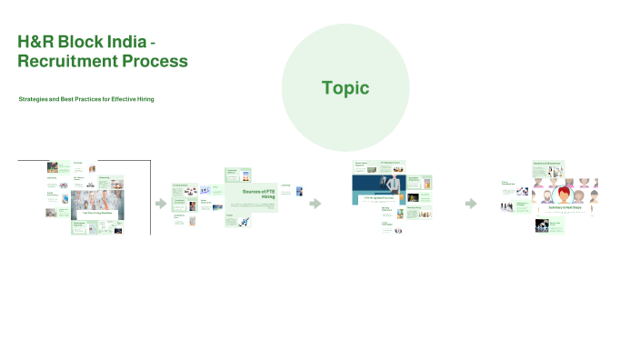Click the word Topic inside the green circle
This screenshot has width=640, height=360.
[x=345, y=87]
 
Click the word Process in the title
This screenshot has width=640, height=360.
[x=159, y=62]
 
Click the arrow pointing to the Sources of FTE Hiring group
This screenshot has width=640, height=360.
[x=161, y=204]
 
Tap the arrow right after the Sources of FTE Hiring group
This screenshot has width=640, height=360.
[x=315, y=204]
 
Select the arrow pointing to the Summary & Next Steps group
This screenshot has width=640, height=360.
[x=471, y=204]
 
